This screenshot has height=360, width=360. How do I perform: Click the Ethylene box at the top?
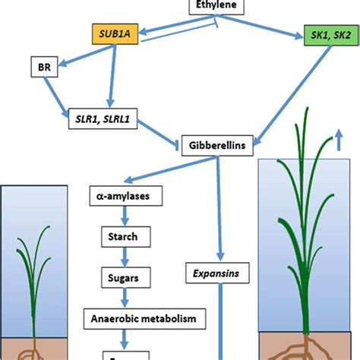(215, 7)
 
